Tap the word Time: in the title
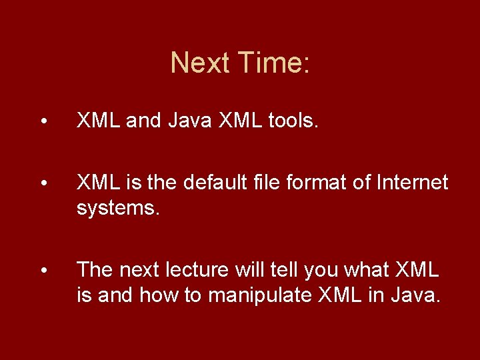[x=273, y=63]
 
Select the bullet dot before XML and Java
[x=43, y=122]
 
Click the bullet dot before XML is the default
[x=43, y=183]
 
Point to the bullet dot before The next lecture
[x=43, y=270]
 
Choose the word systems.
[x=118, y=208]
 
